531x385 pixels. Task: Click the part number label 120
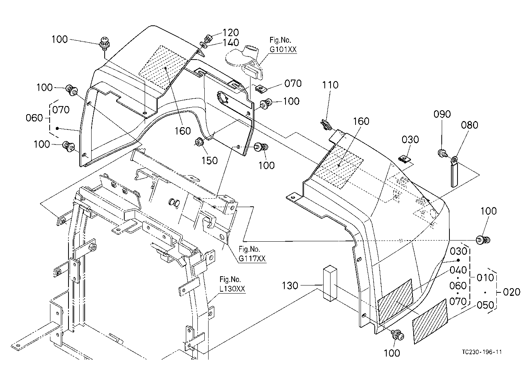point(230,32)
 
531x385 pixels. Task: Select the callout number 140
point(231,43)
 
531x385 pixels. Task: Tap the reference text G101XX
point(283,50)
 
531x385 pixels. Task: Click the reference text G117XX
point(252,259)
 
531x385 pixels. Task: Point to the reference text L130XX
point(232,289)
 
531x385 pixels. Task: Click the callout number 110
point(330,85)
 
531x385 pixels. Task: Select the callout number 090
point(442,115)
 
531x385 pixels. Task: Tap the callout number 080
point(469,125)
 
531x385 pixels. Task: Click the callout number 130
point(290,286)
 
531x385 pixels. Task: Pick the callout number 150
point(209,161)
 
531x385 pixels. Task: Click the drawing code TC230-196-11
point(482,352)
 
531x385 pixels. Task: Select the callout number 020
point(511,292)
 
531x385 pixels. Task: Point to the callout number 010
point(485,278)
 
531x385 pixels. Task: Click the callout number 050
point(485,305)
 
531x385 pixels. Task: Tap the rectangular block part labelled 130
point(330,283)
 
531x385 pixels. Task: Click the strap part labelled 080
point(454,171)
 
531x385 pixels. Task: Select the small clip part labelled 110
point(325,124)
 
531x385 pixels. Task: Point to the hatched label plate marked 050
point(430,321)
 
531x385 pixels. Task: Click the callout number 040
point(458,270)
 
